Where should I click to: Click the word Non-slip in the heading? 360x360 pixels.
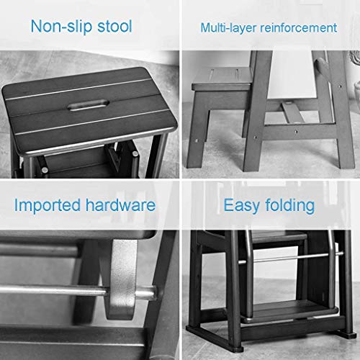tap(61, 27)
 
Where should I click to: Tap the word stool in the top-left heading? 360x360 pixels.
tap(114, 26)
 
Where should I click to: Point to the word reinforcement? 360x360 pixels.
tap(299, 27)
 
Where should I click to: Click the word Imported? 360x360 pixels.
tap(48, 205)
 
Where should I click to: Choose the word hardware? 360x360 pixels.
tap(121, 204)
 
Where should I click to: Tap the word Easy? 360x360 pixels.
tap(242, 206)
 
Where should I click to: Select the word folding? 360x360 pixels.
tap(290, 205)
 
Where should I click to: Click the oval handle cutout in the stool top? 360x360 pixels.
tap(89, 105)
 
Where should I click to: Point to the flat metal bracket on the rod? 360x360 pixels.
tap(121, 279)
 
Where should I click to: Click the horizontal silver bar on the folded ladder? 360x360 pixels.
tap(290, 258)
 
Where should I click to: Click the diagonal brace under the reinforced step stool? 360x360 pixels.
tap(293, 112)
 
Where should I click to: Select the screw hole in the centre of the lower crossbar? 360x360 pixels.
tap(296, 131)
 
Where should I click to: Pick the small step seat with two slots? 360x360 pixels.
tap(222, 78)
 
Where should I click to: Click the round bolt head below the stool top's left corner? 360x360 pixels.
tap(45, 170)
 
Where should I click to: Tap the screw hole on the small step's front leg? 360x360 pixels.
tap(197, 141)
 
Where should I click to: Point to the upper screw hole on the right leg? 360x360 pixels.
tap(339, 86)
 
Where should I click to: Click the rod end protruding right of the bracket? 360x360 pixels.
tap(146, 293)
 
